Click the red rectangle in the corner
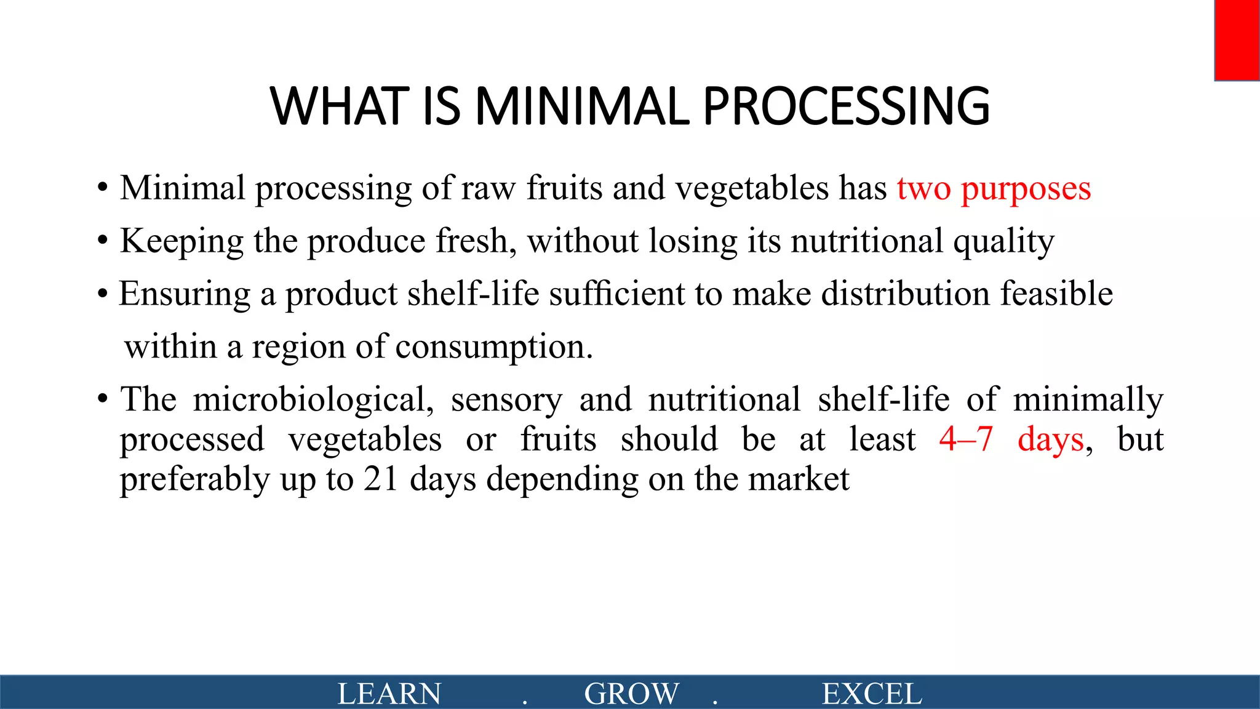point(1237,40)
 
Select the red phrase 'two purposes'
point(994,188)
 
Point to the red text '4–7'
point(966,439)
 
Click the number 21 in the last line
point(381,479)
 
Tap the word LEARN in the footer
point(389,694)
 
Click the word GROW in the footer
point(631,694)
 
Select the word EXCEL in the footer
point(872,694)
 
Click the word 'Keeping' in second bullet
point(181,241)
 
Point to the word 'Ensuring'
point(185,294)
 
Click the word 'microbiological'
point(313,399)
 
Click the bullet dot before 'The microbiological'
point(103,400)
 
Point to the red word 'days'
point(1050,439)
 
